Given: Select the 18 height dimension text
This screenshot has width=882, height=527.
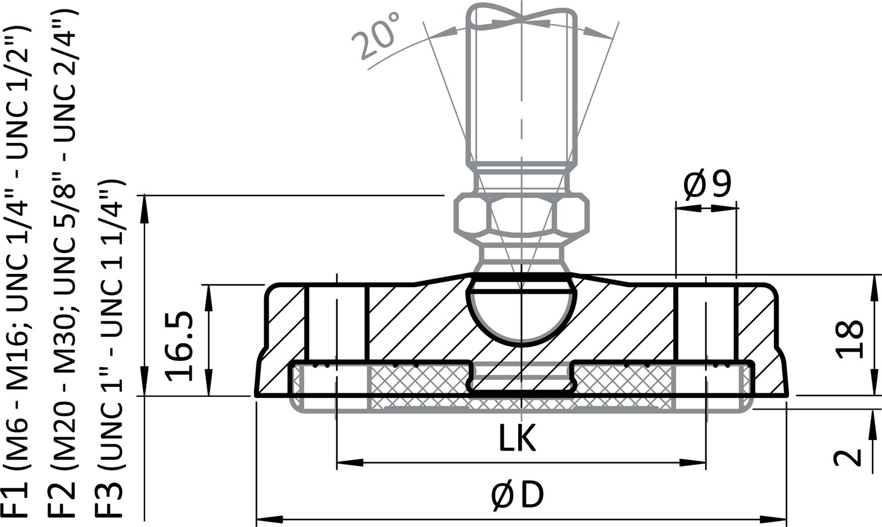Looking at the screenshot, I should [x=849, y=338].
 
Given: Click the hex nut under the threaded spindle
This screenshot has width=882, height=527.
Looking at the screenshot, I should [x=521, y=216].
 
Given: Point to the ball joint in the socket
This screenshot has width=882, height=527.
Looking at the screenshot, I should [x=521, y=311].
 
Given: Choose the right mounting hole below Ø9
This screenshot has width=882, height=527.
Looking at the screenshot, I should [x=706, y=322].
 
